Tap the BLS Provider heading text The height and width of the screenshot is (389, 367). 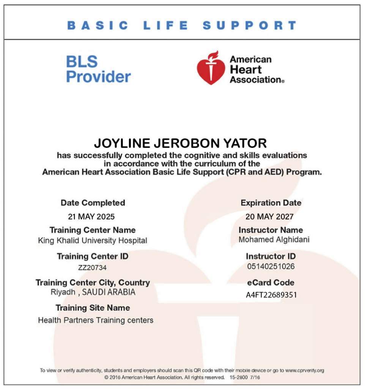coord(98,69)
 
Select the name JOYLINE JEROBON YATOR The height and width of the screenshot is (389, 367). coord(180,144)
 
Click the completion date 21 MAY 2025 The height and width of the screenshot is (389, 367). coord(91,217)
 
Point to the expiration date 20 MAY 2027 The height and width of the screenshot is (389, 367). coord(269,217)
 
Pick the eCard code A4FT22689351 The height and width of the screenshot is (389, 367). coord(271,295)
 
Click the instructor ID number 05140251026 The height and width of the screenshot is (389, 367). coord(271,267)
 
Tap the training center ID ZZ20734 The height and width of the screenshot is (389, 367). coord(92,268)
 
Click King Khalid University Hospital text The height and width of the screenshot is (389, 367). coord(93,240)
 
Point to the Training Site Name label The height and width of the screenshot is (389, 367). coord(93,308)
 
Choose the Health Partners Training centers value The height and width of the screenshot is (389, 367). coord(96,320)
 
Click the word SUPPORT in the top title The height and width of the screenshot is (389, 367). coord(249,26)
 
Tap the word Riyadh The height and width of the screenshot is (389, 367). coord(63,293)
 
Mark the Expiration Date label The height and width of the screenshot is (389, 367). coord(271,203)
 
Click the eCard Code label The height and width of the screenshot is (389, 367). coord(270,283)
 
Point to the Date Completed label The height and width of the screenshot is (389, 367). coord(93,203)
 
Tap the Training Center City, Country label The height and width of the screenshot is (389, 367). coord(93,283)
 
